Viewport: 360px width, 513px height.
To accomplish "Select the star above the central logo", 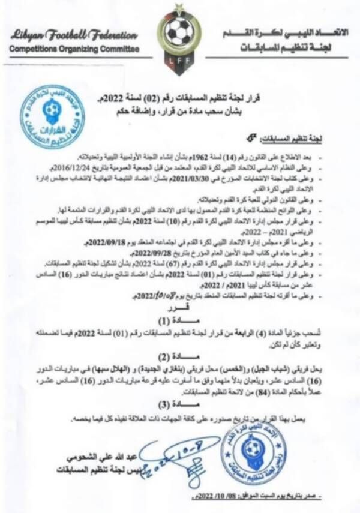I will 177,7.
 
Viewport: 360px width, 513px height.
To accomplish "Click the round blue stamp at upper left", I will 52,116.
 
